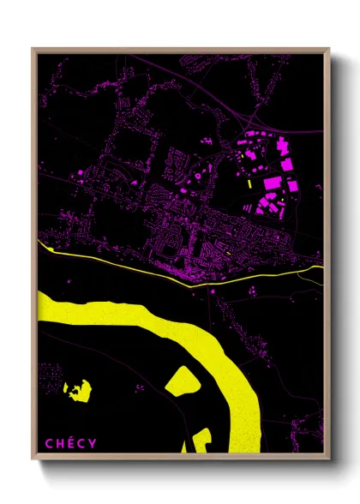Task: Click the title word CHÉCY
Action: [x=71, y=443]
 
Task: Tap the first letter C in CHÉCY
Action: [x=50, y=443]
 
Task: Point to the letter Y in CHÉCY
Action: [x=93, y=443]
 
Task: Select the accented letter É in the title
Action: [x=71, y=442]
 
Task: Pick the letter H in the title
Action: [x=60, y=443]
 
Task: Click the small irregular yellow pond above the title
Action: [x=77, y=391]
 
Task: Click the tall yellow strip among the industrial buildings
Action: [x=249, y=183]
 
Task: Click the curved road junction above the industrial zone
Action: [x=257, y=111]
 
